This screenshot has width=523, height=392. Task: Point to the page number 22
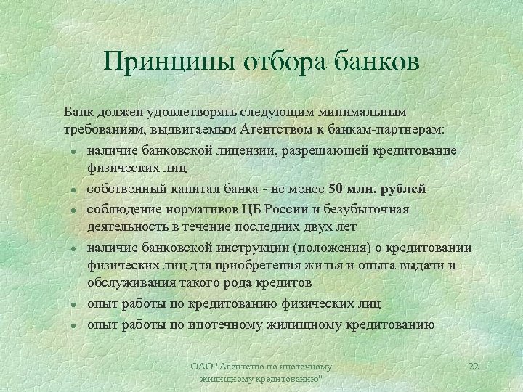[x=474, y=367]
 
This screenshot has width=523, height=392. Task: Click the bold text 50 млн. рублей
[x=377, y=189]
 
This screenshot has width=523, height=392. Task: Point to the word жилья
[x=336, y=265]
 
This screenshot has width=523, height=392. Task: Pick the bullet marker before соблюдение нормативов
[x=73, y=210]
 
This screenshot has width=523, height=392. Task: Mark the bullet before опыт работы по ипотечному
[x=73, y=324]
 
